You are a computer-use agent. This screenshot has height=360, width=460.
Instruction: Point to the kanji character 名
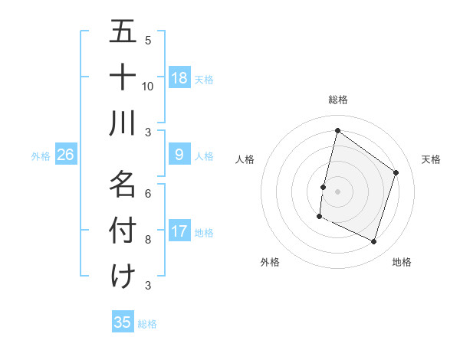123,184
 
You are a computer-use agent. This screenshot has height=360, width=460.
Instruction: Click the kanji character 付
123,230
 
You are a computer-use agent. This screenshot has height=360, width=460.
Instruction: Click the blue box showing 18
179,78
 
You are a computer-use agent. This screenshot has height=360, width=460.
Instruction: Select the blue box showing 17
179,232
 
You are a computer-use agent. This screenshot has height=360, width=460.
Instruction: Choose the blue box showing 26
66,155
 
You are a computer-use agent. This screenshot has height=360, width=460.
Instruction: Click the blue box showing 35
123,322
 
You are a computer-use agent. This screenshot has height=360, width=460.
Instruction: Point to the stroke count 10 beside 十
148,86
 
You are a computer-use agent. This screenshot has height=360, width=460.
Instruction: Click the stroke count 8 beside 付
148,240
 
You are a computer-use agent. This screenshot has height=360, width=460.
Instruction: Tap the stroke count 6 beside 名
148,194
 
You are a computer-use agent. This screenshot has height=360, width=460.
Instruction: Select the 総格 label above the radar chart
338,100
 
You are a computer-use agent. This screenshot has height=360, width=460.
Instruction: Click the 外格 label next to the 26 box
41,156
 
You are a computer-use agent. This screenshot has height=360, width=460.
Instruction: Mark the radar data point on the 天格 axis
396,172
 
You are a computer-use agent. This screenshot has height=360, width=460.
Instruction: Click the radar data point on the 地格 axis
374,242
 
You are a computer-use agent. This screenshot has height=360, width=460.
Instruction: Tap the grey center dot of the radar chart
337,191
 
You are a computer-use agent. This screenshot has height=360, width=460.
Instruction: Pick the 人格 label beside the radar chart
245,159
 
